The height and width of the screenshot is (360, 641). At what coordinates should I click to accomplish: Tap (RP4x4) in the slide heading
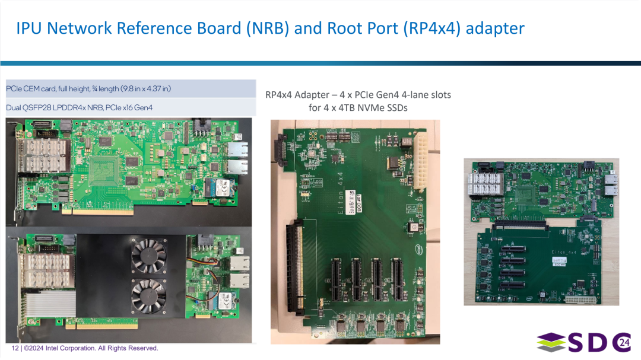pos(431,28)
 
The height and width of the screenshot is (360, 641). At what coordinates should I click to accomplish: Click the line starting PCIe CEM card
pos(88,89)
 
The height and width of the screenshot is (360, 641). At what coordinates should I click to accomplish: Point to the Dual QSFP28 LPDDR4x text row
pos(80,107)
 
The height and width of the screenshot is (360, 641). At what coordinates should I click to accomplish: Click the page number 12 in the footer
pos(15,348)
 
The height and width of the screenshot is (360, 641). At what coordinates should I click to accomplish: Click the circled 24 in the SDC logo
pos(623,343)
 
